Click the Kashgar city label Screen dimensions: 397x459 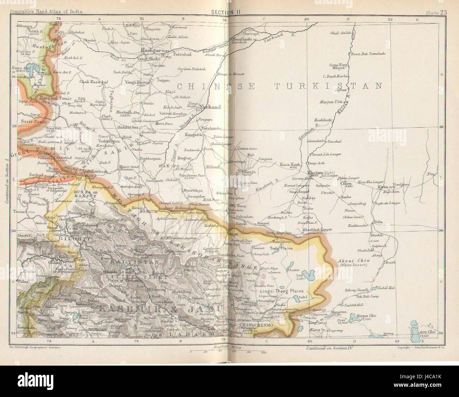click(x=150, y=50)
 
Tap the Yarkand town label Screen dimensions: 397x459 click(x=210, y=107)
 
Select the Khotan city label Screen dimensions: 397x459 click(x=315, y=173)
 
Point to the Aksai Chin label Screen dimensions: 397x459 click(x=348, y=261)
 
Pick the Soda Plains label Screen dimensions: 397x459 click(x=280, y=248)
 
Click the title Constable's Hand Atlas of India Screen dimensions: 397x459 click(x=46, y=11)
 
